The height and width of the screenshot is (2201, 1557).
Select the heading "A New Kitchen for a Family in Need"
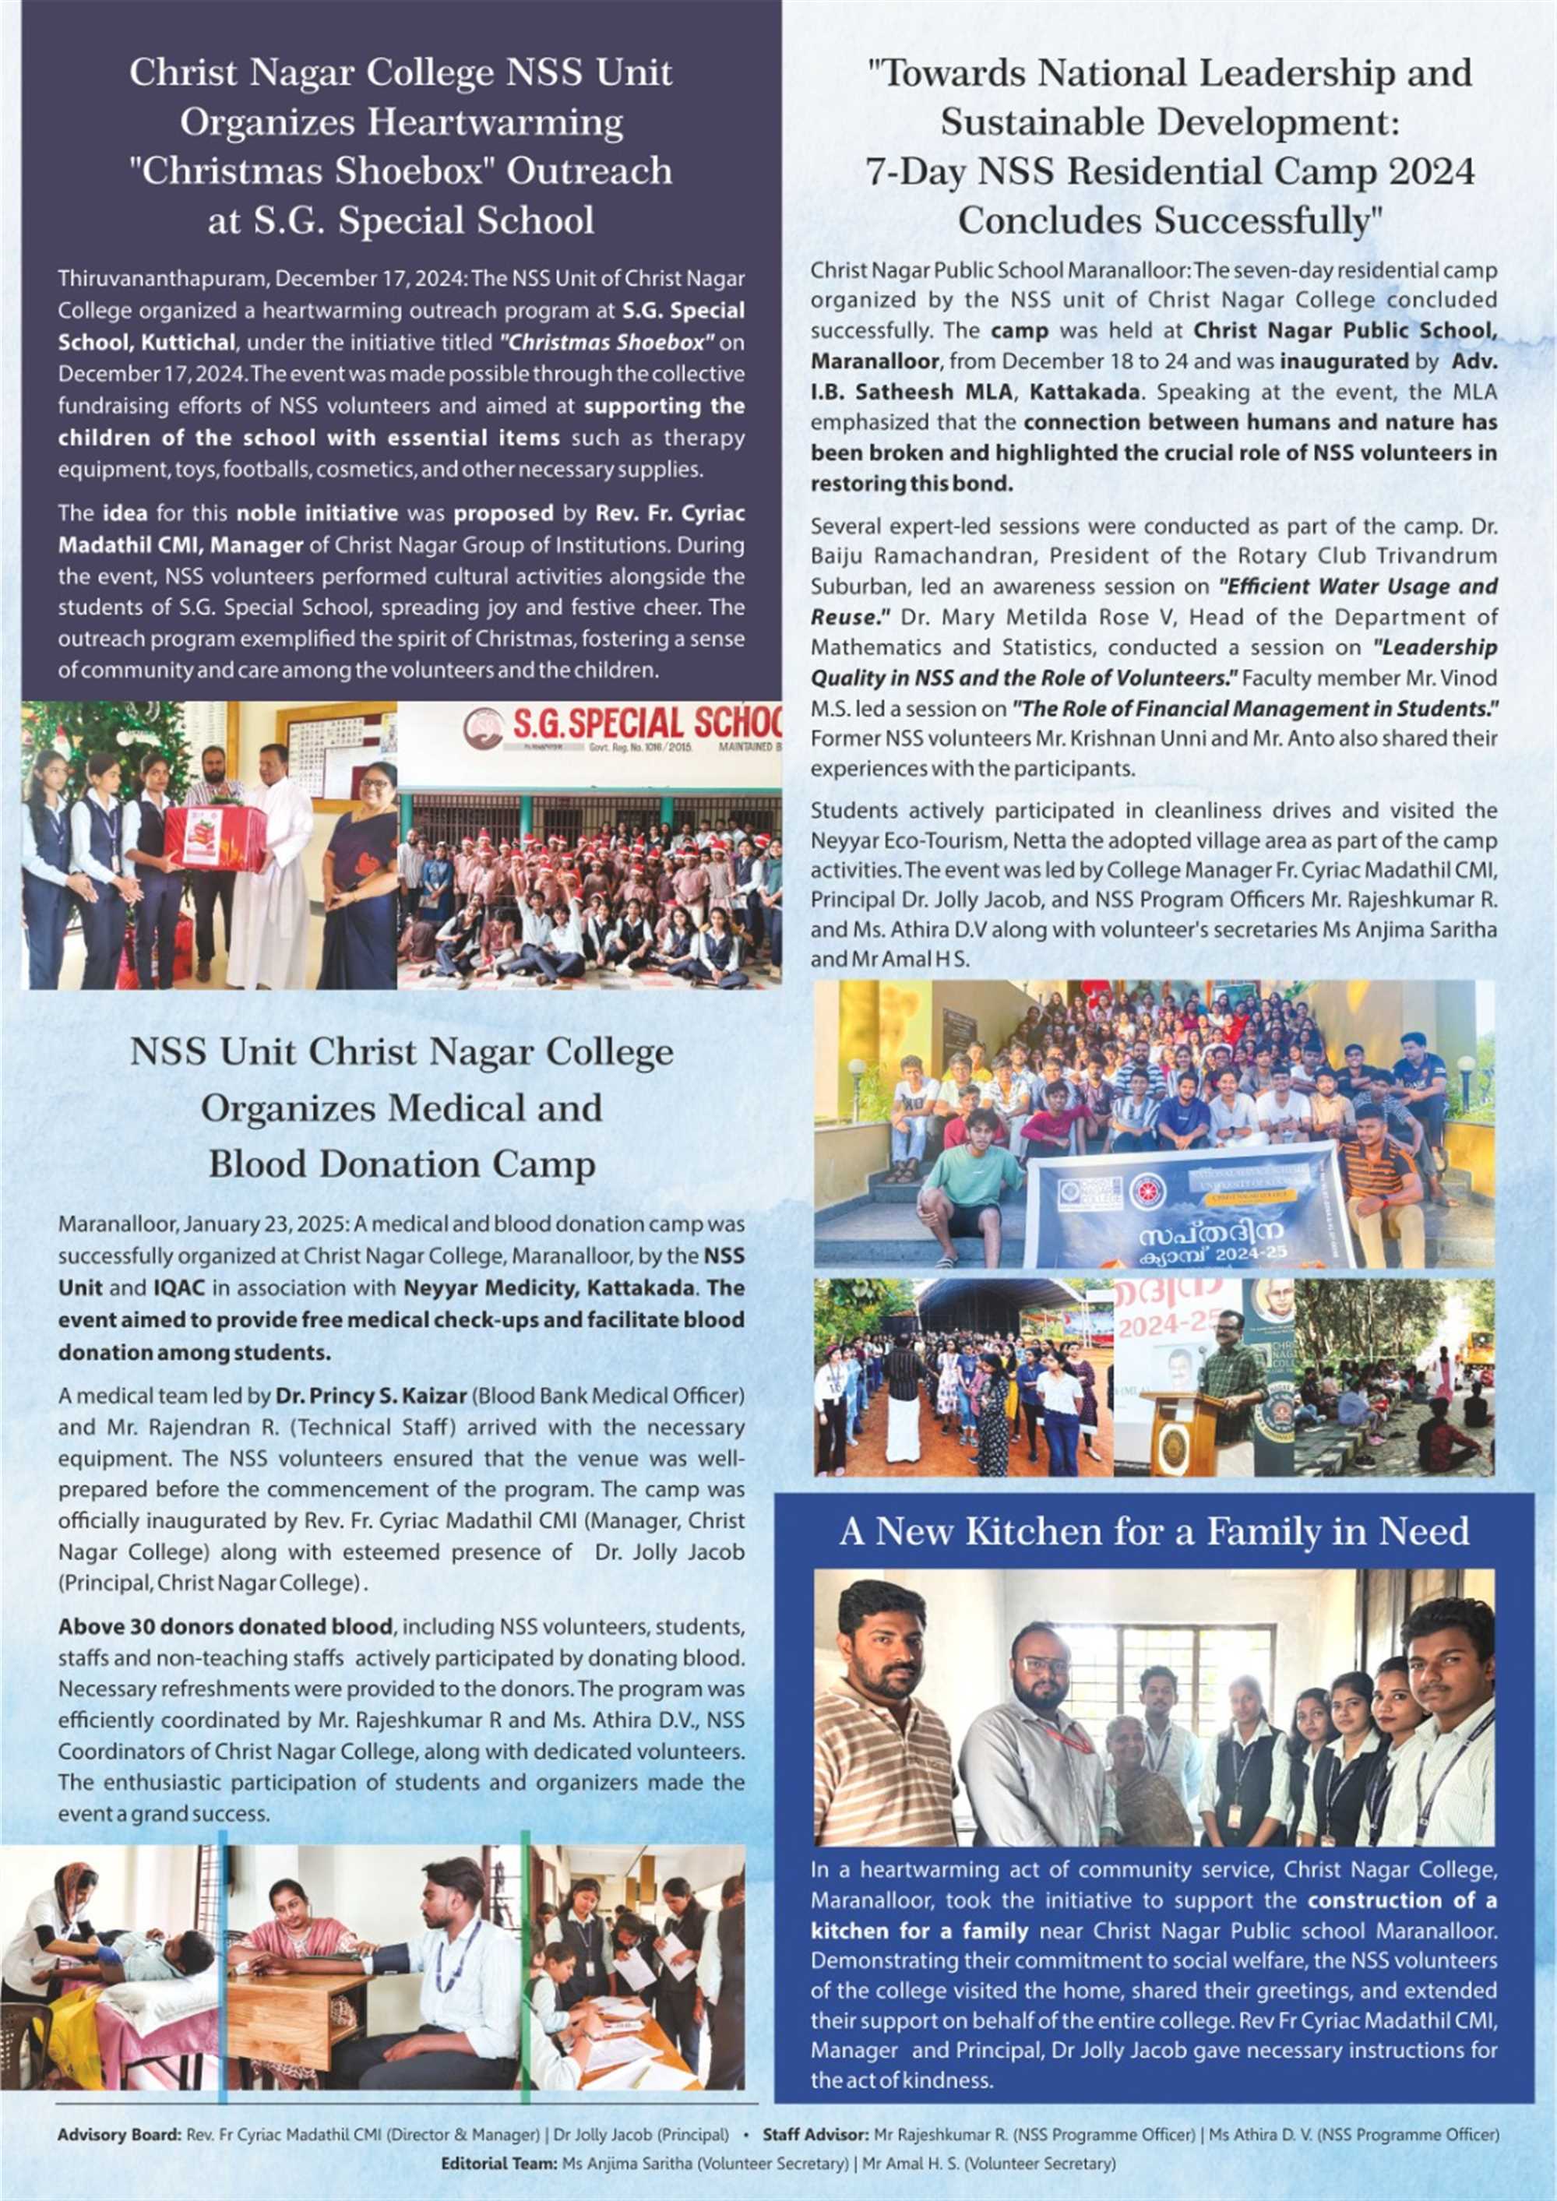tap(1154, 1531)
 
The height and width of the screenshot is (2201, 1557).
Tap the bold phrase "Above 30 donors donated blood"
tap(225, 1627)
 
